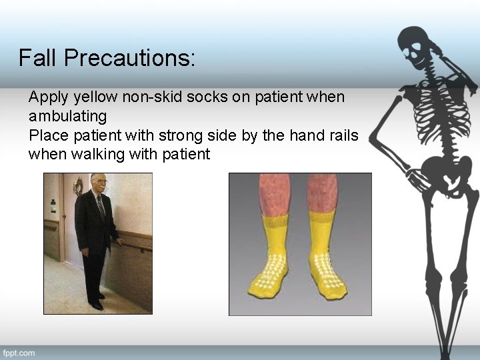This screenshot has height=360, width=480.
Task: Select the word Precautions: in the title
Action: coord(130,58)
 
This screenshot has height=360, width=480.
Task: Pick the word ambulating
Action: coord(67,117)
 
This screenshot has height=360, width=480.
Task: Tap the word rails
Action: coord(342,136)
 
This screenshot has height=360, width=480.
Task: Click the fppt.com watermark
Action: coord(19,353)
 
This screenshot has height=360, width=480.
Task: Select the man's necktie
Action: coord(101,205)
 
